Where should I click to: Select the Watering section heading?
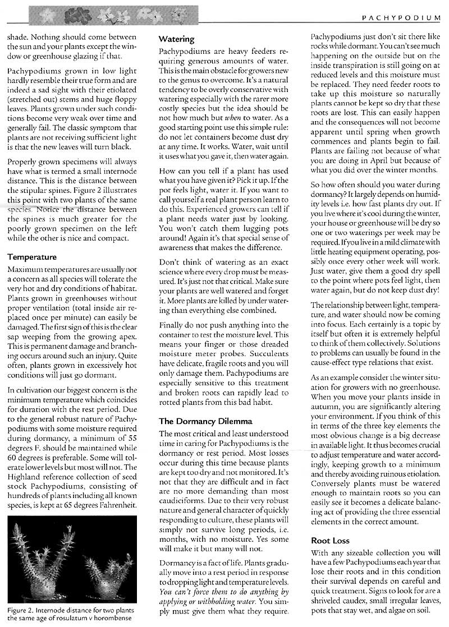(176, 40)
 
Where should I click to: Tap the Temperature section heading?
(32, 257)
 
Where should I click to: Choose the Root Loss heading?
(330, 541)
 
